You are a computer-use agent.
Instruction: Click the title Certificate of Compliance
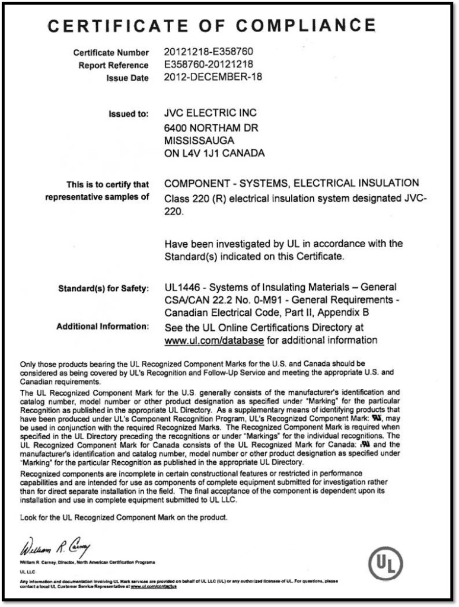(x=212, y=25)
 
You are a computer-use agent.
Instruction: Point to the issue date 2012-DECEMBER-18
(x=213, y=77)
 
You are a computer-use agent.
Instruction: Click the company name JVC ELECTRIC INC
(x=211, y=113)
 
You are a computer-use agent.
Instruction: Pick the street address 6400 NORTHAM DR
(x=211, y=128)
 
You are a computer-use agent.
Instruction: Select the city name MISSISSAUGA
(x=199, y=140)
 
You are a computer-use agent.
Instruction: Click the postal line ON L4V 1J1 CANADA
(x=214, y=154)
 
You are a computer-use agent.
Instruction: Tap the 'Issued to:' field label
(x=128, y=114)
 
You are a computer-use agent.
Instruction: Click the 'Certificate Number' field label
(x=111, y=53)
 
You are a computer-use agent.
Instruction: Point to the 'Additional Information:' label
(x=102, y=327)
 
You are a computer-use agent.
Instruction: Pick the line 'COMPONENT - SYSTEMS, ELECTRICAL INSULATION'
(x=291, y=183)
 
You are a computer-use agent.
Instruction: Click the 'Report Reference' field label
(x=113, y=65)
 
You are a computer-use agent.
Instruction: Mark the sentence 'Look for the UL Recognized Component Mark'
(x=123, y=517)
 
